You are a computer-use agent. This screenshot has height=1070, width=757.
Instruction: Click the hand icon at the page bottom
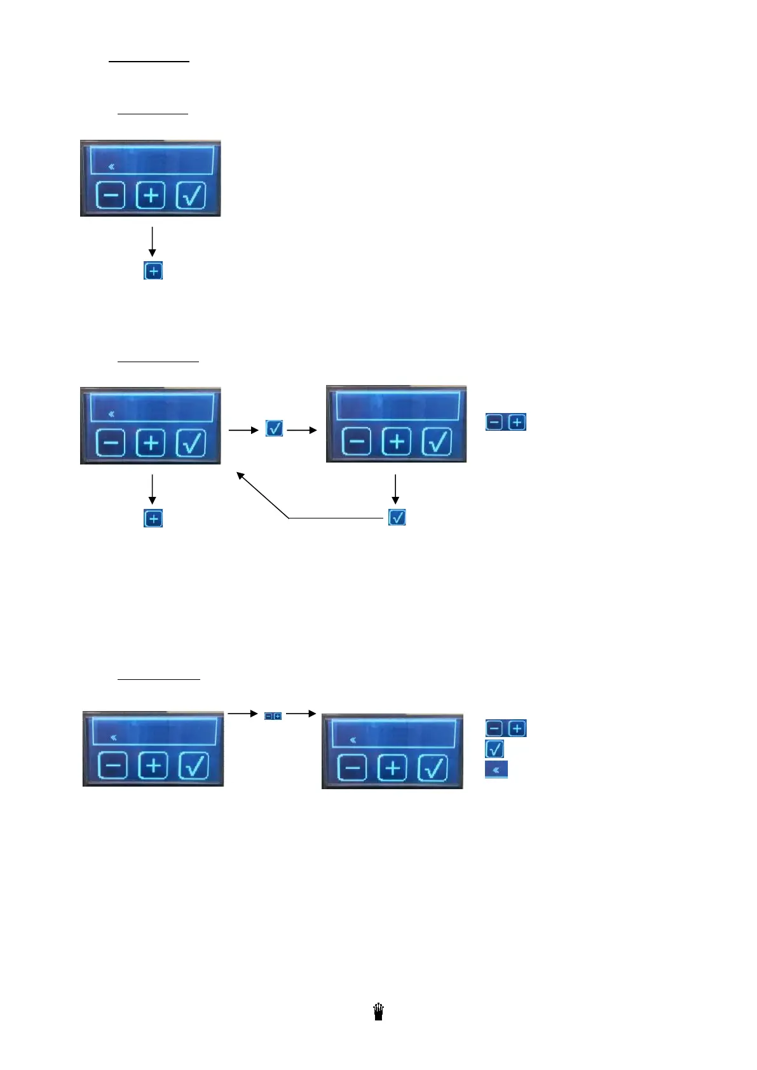coord(379,1012)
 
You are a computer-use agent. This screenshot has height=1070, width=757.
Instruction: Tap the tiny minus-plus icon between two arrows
coord(273,716)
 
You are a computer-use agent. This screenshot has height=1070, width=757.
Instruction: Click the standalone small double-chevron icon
coord(496,770)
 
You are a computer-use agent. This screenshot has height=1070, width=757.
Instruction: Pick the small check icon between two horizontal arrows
coord(274,429)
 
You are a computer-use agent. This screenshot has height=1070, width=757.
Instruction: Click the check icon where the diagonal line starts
coord(397,518)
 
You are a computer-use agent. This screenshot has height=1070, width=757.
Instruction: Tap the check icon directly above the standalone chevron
coord(494,749)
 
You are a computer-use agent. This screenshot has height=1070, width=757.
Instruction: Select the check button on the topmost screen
coord(191,195)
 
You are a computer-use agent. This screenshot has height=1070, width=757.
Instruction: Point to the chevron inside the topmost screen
coord(111,166)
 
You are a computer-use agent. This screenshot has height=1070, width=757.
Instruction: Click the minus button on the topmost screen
coord(111,195)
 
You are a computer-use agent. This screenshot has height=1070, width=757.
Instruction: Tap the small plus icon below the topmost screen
coord(153,271)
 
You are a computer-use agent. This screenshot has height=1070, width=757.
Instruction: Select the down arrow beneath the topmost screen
coord(152,241)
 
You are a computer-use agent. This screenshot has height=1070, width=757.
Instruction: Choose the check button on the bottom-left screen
coord(193,766)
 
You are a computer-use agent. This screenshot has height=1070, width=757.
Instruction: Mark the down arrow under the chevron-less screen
coord(395,489)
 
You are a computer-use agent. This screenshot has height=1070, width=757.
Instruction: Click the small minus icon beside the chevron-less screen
coord(494,422)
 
